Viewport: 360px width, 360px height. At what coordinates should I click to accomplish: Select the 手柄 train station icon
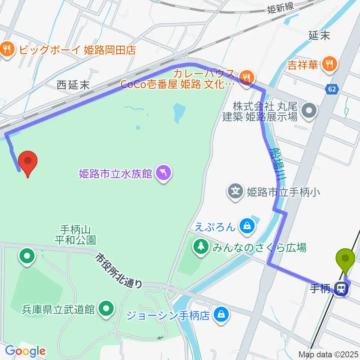point(342,289)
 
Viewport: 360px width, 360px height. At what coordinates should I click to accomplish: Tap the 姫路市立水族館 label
point(115,173)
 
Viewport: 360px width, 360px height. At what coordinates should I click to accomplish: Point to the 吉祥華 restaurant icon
point(329,64)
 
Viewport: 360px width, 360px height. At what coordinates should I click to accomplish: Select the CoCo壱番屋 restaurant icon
point(246,78)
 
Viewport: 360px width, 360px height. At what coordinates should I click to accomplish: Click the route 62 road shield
point(331,89)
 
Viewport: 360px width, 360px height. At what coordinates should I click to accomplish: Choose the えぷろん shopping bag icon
point(247,226)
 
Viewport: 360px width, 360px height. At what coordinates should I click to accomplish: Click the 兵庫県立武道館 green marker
point(106,309)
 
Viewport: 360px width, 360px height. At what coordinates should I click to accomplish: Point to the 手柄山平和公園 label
point(76,234)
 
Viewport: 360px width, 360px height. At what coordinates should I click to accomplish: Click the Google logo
point(25,351)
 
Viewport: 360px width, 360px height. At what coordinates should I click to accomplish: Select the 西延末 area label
point(73,85)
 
